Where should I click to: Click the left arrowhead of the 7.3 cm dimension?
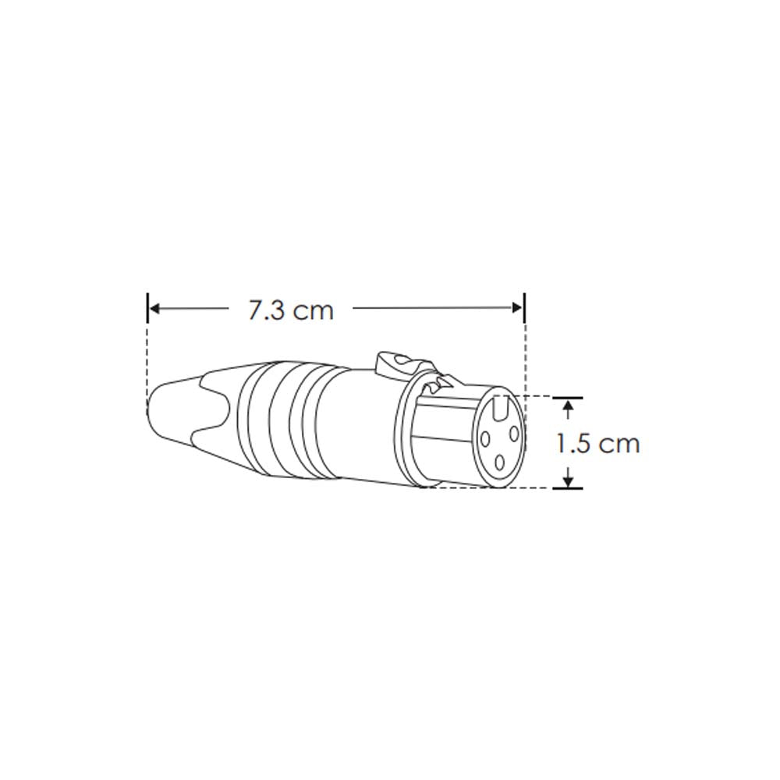pos(154,309)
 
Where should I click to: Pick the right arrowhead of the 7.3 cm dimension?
pos(518,309)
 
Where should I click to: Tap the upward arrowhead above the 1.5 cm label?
pos(569,408)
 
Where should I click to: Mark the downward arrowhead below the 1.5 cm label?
pos(569,478)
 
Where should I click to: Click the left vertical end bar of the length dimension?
pos(147,307)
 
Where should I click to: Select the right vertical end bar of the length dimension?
pos(524,307)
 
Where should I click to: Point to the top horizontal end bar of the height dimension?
pos(568,397)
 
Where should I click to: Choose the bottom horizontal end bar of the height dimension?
pos(568,488)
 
